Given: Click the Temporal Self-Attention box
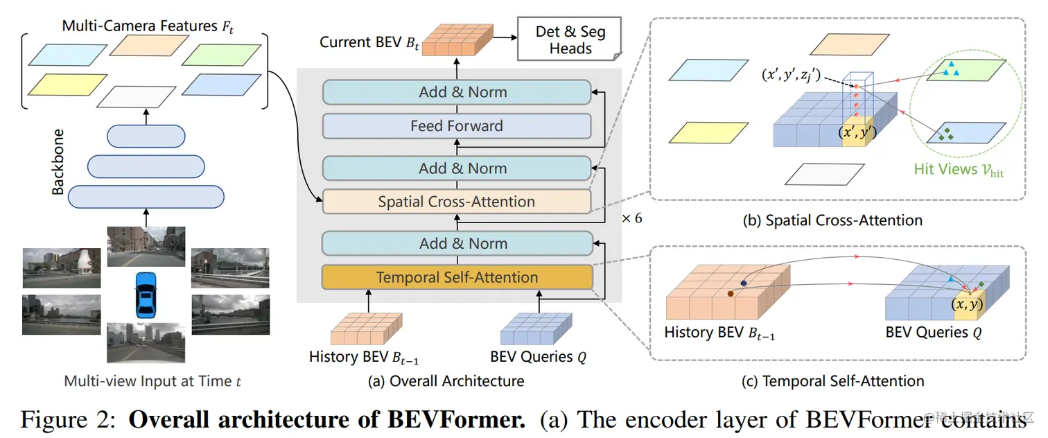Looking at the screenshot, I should coord(457,277).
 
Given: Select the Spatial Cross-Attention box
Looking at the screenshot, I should coord(457,202).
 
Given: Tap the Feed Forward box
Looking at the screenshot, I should coord(457,126).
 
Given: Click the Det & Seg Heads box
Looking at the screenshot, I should coord(570,40).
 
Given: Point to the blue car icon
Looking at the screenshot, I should coord(146,292).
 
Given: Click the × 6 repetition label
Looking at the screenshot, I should coord(631,218).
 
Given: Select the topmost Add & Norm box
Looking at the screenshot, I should coord(457,92).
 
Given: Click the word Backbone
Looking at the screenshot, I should coord(58,161).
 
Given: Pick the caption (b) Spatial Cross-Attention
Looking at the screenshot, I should coord(832,220).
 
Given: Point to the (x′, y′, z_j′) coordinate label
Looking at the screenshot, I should coord(791,76).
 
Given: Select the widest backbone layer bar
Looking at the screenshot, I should coord(146,197).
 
